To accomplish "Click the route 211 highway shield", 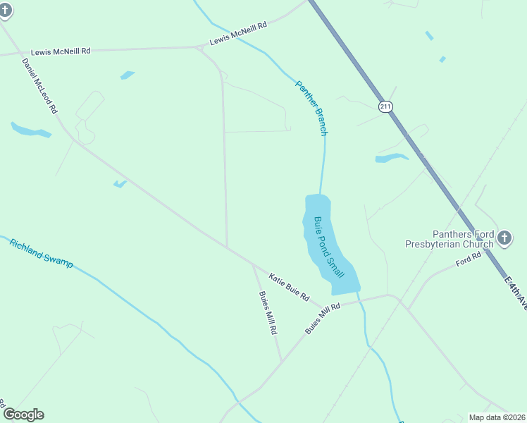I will (x=385, y=106).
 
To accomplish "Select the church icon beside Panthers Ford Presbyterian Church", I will (x=504, y=238).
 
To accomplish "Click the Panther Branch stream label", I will (x=311, y=107).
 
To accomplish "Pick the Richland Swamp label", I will (x=41, y=253).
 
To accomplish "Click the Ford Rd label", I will (x=468, y=259).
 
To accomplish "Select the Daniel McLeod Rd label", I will (x=39, y=87).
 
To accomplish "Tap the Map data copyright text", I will (x=497, y=417).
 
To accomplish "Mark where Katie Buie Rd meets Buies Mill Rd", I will (x=253, y=265).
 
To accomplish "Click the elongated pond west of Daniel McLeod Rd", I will (x=30, y=130).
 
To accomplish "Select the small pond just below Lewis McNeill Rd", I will (x=127, y=75).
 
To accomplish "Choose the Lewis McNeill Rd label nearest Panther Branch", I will (x=238, y=34).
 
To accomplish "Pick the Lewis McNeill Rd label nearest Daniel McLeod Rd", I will (x=61, y=51).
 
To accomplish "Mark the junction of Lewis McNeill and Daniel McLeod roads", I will (x=18, y=54).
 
